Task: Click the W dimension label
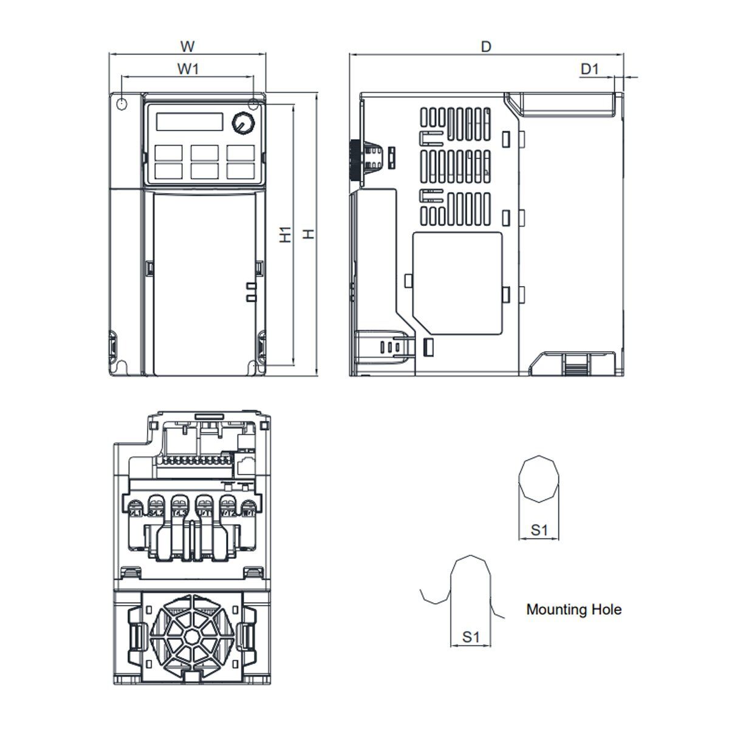[188, 46]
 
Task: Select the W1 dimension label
[188, 69]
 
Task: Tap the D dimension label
[485, 46]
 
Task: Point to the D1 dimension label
[589, 69]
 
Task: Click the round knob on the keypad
[242, 123]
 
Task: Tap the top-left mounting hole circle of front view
[121, 104]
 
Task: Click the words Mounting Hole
[573, 609]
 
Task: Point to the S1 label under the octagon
[539, 530]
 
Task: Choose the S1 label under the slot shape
[471, 637]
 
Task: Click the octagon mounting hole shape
[539, 479]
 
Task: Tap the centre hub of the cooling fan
[191, 637]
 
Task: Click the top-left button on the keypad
[168, 152]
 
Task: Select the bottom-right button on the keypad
[240, 170]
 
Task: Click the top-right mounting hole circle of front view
[253, 104]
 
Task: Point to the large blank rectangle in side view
[457, 282]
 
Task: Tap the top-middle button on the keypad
[204, 152]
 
